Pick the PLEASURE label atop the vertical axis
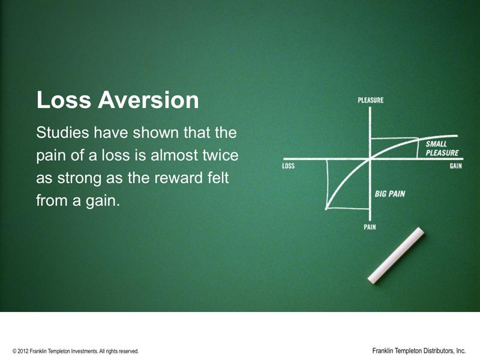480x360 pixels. coord(370,100)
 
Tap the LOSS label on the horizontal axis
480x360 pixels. coord(289,166)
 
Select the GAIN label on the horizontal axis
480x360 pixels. coord(455,166)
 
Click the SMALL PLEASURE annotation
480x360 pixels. coord(441,149)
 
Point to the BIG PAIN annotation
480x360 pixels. coord(390,194)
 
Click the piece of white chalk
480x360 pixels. coord(396,255)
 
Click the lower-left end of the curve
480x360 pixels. coord(326,209)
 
